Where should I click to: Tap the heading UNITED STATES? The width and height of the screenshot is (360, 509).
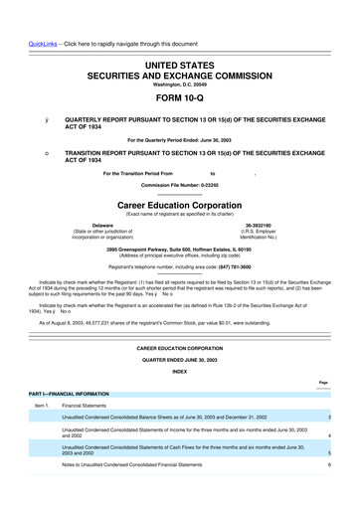point(179,64)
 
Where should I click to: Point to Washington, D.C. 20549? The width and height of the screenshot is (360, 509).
point(179,84)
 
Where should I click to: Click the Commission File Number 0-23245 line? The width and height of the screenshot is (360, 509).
point(179,185)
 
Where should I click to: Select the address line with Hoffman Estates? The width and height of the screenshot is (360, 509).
point(179,248)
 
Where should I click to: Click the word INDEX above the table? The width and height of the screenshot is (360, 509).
point(179,371)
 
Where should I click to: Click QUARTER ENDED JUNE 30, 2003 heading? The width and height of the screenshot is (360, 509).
point(179,359)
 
